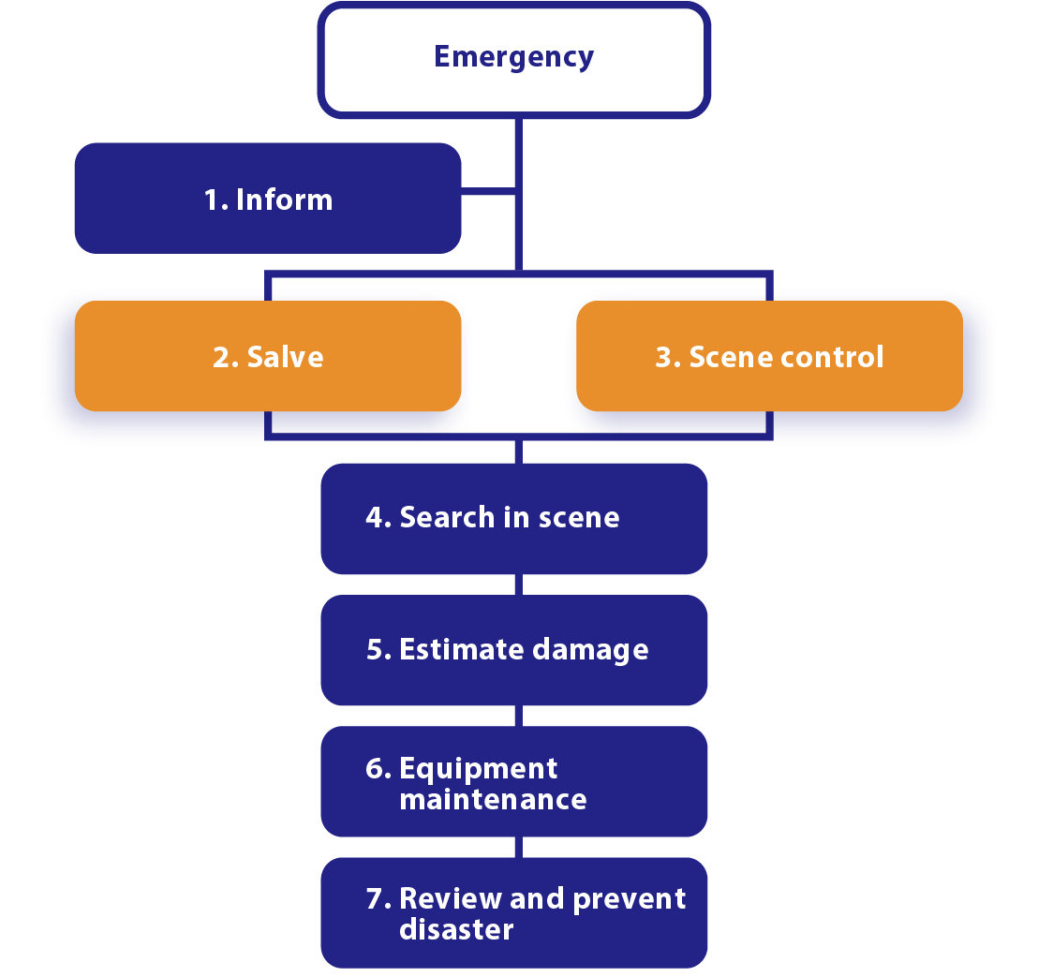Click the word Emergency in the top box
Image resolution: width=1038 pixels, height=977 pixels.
pyautogui.click(x=513, y=57)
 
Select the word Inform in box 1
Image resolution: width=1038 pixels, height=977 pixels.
pyautogui.click(x=284, y=200)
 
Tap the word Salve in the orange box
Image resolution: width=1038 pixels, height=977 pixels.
pyautogui.click(x=285, y=357)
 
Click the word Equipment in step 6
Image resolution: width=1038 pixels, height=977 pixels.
pyautogui.click(x=478, y=769)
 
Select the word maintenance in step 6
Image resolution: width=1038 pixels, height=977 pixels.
pyautogui.click(x=493, y=800)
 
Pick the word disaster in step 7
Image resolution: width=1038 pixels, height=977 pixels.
pyautogui.click(x=456, y=930)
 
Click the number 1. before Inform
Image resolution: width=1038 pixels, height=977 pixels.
pyautogui.click(x=216, y=200)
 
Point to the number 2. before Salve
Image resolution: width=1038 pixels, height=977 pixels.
pyautogui.click(x=225, y=357)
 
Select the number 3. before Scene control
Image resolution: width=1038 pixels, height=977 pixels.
pyautogui.click(x=667, y=357)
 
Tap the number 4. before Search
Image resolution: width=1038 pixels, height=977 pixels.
pyautogui.click(x=378, y=518)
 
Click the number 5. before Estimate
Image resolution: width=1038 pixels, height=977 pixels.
pyautogui.click(x=378, y=649)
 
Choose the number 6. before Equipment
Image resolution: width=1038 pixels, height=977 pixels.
pyautogui.click(x=378, y=769)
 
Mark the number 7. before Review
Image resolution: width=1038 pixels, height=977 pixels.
pyautogui.click(x=378, y=899)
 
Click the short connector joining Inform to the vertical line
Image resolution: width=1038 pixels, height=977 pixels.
pyautogui.click(x=487, y=192)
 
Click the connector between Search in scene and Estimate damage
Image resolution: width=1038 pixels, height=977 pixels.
pyautogui.click(x=515, y=585)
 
